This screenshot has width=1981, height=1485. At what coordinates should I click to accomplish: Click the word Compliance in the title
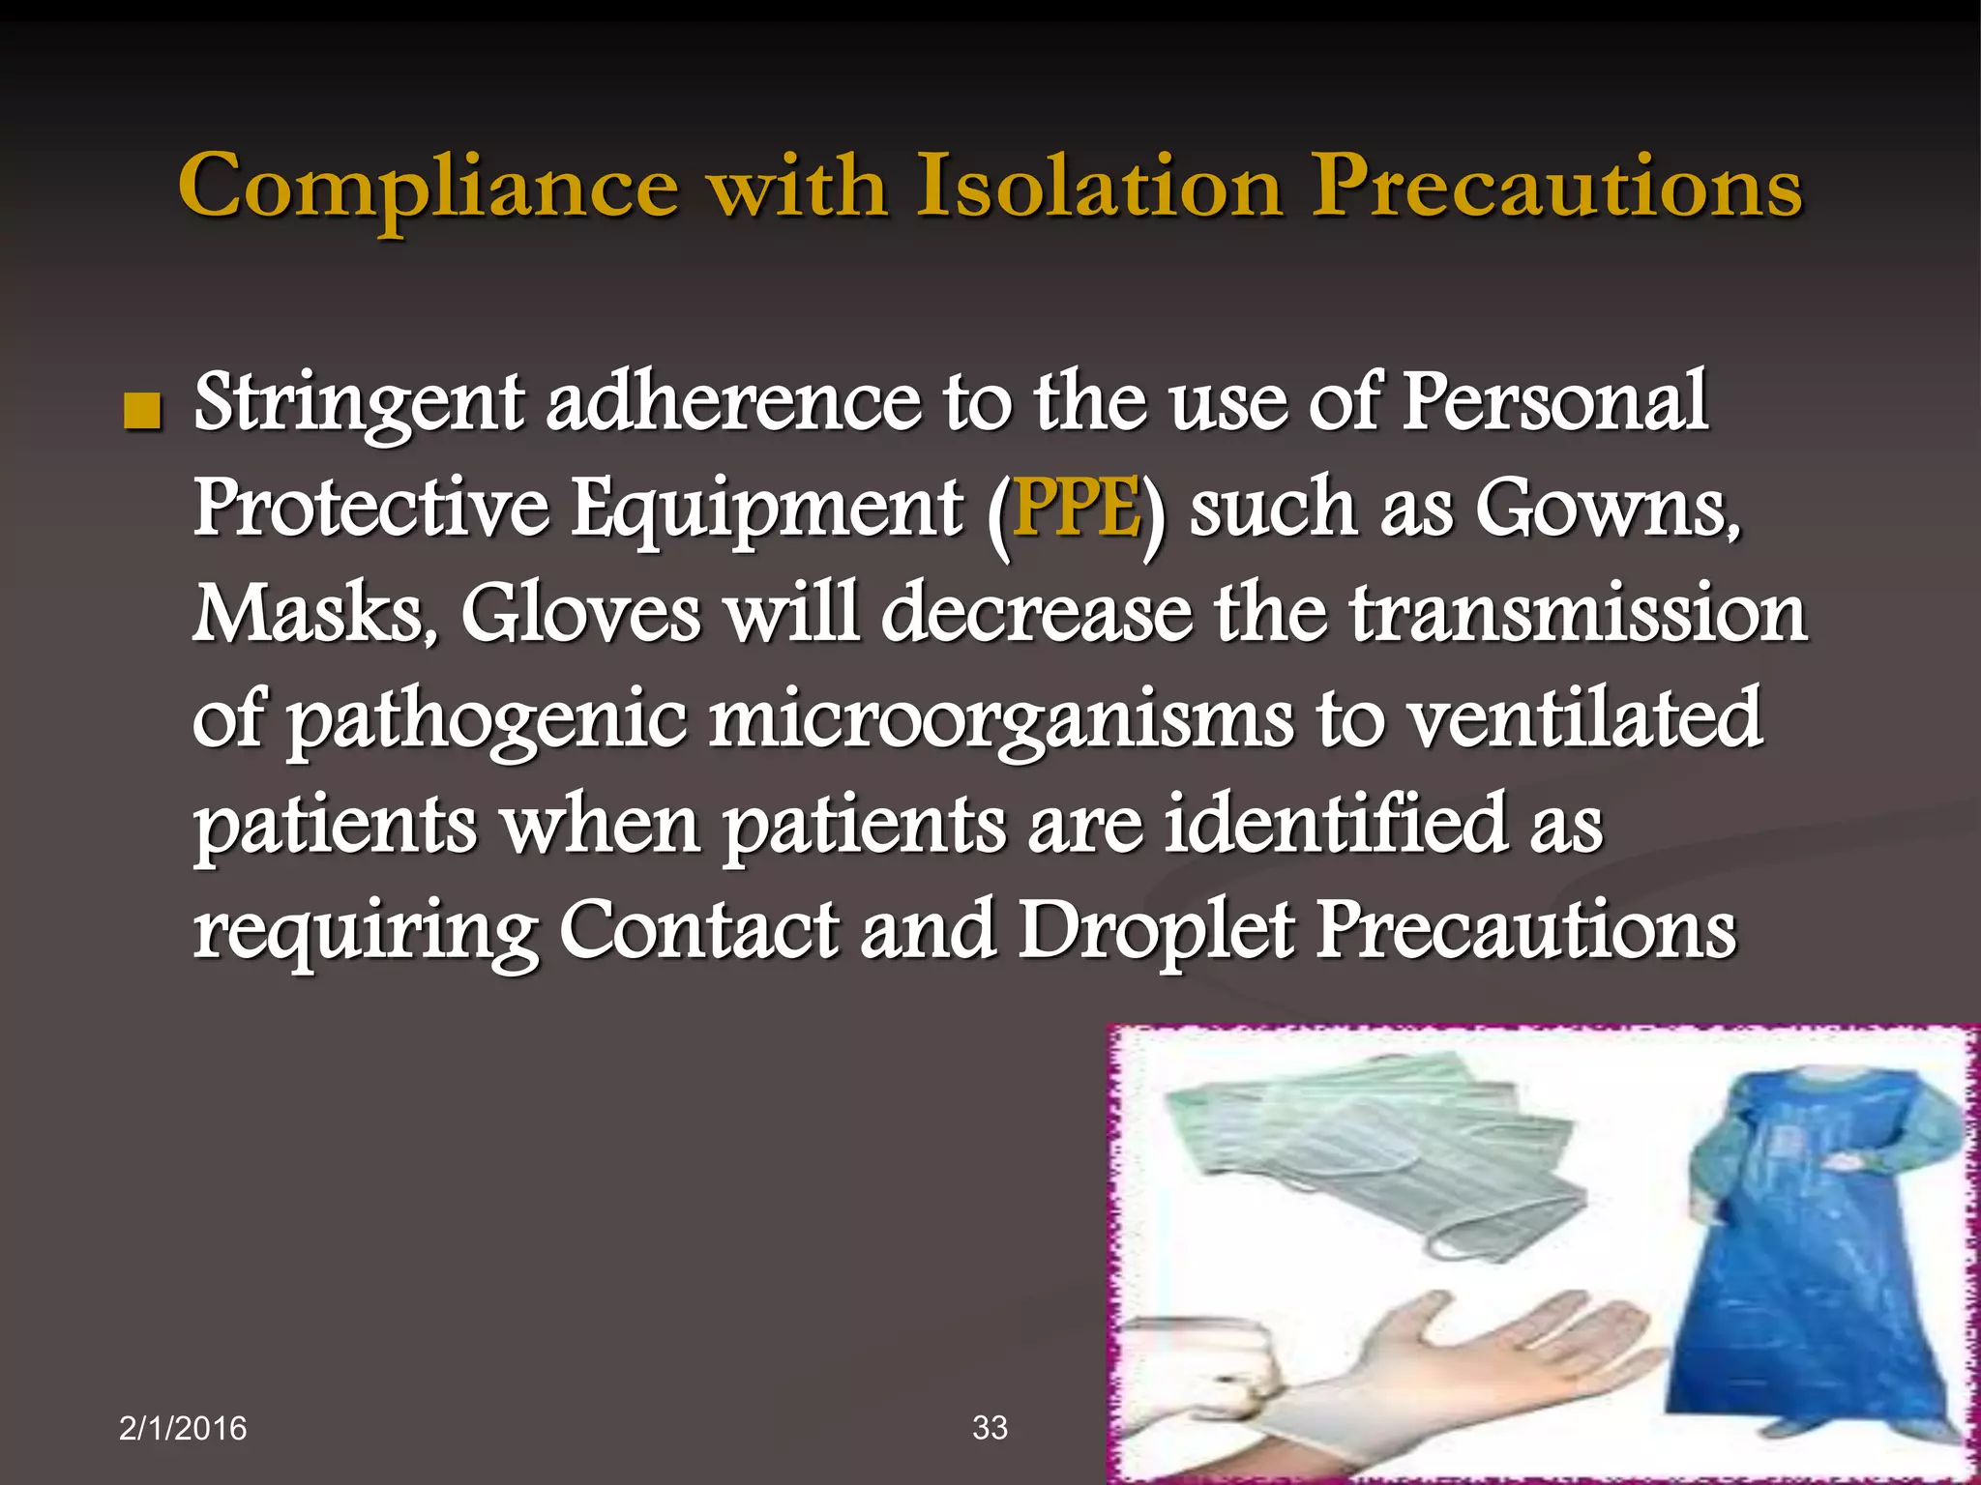[428, 188]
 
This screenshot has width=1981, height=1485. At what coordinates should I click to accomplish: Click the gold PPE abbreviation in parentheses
[1076, 509]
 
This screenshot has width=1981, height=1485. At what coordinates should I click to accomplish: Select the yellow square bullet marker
[141, 413]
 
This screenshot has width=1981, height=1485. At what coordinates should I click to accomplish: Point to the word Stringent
[359, 404]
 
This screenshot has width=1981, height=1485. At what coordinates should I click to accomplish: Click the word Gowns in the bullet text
[1606, 509]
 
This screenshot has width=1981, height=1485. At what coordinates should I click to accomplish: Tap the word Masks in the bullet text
[314, 614]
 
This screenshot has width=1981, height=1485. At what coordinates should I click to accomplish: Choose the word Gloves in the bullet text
[580, 614]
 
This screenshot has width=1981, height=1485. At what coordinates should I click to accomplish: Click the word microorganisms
[1000, 722]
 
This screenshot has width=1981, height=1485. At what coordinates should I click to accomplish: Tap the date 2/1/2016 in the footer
[183, 1428]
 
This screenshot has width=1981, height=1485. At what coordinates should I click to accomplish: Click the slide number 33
[990, 1427]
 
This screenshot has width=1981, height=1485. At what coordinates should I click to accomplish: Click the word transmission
[1578, 614]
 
